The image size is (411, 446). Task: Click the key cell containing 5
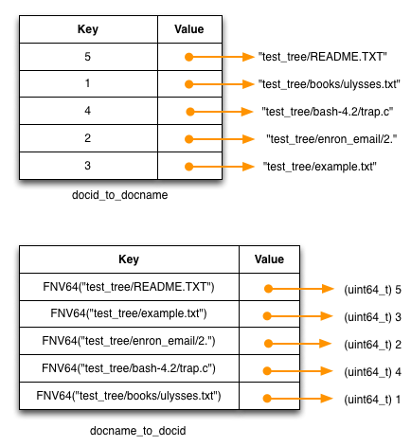[88, 57]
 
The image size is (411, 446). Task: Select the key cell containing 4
[88, 111]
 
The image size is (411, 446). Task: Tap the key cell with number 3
[88, 166]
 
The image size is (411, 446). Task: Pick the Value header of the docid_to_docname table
[189, 29]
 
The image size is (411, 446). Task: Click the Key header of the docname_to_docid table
[129, 259]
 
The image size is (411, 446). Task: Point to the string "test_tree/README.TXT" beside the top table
[323, 57]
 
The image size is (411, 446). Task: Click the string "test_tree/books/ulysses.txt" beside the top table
[330, 84]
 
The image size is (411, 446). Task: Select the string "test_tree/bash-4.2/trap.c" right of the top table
[328, 112]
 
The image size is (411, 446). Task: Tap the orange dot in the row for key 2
[188, 139]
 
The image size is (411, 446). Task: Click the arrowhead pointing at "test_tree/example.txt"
[248, 167]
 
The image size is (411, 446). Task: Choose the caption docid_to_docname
[119, 195]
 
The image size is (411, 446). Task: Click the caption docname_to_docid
[137, 431]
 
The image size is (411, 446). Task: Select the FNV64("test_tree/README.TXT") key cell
[129, 287]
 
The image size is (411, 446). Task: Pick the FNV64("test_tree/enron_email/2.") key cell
[129, 341]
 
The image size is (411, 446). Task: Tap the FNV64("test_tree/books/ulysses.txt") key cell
[129, 396]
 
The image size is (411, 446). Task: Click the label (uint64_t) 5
[372, 290]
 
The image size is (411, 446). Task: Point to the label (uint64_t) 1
[372, 400]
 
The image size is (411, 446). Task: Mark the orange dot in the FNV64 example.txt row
[267, 316]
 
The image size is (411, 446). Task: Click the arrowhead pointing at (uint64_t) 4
[327, 371]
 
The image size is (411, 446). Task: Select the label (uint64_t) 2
[372, 345]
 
